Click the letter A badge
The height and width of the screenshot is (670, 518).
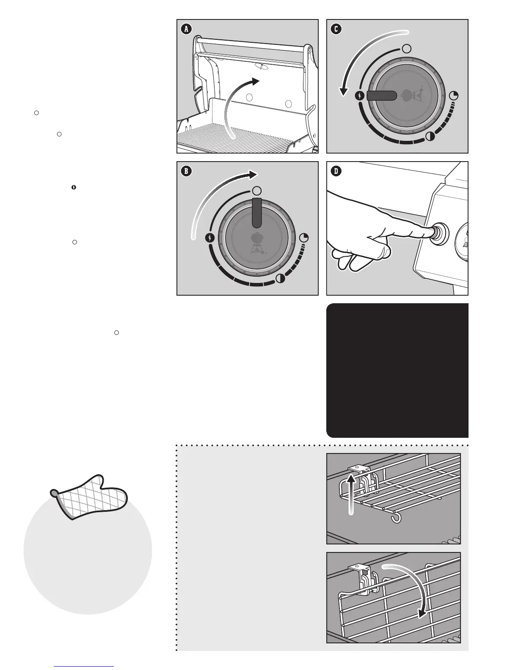coord(186,29)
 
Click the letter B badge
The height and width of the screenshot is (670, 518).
coord(186,171)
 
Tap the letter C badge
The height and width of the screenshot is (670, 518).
coord(336,29)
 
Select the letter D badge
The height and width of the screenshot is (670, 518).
coord(336,171)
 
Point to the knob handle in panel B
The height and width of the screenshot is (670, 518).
coord(257,211)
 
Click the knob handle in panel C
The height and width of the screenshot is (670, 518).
coord(381,96)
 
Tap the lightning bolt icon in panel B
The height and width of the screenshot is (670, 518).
coord(210,238)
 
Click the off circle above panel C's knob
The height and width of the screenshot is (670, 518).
coord(406,48)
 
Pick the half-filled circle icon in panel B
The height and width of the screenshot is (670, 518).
coord(280,278)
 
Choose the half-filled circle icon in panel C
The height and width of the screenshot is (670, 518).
coord(430,136)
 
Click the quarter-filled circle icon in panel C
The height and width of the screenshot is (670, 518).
coord(454,96)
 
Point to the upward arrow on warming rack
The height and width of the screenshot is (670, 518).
coord(350,492)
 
